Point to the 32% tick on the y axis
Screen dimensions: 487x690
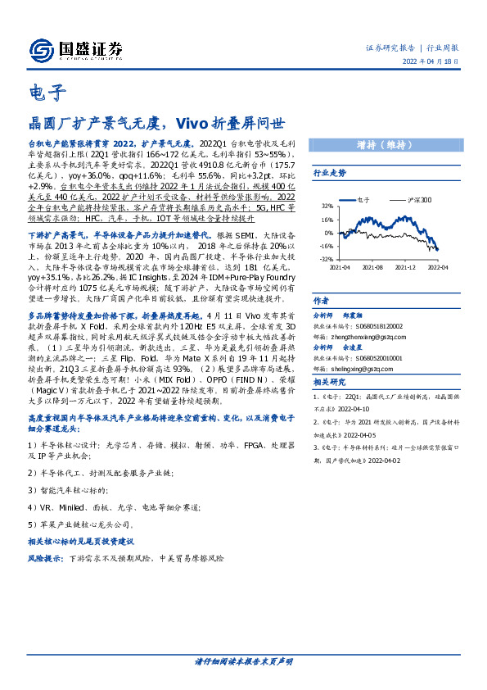tap(327, 207)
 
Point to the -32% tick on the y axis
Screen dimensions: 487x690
tap(327, 258)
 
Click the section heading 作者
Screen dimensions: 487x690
tap(321, 301)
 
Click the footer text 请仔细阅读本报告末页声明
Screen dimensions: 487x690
tap(243, 660)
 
